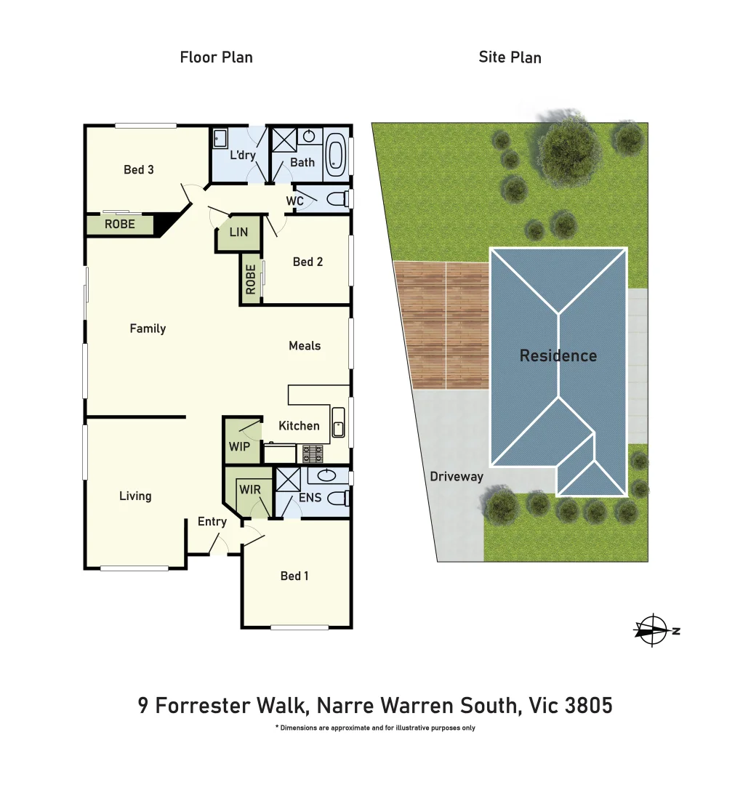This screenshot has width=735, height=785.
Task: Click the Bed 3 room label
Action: pyautogui.click(x=138, y=170)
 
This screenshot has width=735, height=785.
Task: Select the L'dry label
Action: pyautogui.click(x=242, y=156)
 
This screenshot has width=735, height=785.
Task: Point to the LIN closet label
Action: pyautogui.click(x=238, y=233)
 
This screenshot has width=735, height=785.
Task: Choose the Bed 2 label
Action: pyautogui.click(x=308, y=262)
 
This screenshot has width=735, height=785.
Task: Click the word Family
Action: pyautogui.click(x=148, y=329)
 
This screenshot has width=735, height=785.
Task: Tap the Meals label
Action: pyautogui.click(x=305, y=346)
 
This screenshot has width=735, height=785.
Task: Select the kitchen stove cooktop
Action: pyautogui.click(x=313, y=454)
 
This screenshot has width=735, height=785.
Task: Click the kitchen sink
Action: pyautogui.click(x=338, y=422)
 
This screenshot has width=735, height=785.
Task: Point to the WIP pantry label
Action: pyautogui.click(x=239, y=446)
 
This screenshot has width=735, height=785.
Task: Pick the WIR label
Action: pyautogui.click(x=249, y=491)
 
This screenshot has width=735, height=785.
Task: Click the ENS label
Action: pyautogui.click(x=310, y=499)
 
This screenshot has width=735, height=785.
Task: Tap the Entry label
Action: pyautogui.click(x=212, y=522)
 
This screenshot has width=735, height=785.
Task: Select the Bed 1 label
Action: pyautogui.click(x=294, y=576)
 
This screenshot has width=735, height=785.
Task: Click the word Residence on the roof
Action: pyautogui.click(x=558, y=356)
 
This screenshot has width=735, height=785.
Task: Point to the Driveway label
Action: pyautogui.click(x=457, y=477)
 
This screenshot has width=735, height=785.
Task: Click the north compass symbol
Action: pyautogui.click(x=653, y=630)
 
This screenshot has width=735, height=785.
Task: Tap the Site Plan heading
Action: pyautogui.click(x=510, y=57)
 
